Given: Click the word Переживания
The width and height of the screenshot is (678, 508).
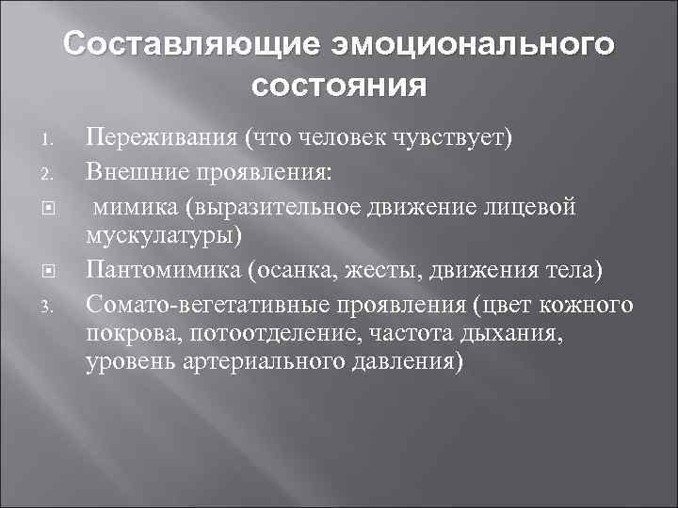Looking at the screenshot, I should [159, 139].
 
